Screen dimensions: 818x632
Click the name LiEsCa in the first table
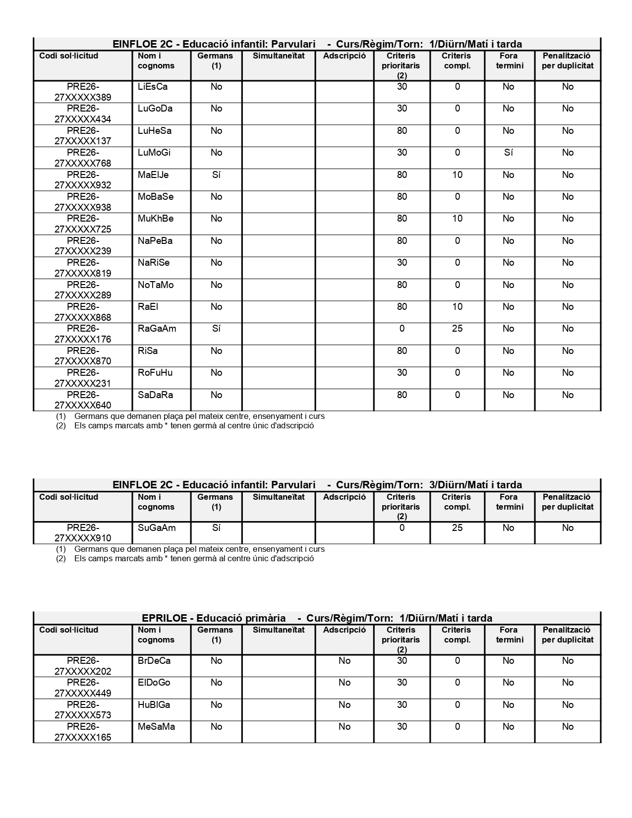153,87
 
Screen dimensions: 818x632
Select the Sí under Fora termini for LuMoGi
508,153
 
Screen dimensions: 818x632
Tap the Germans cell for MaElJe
216,175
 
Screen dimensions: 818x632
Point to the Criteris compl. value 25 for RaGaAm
457,329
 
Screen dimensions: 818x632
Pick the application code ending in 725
83,224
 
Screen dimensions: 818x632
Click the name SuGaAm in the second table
157,528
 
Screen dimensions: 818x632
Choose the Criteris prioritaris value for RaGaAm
402,329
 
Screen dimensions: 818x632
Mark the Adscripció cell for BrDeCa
344,661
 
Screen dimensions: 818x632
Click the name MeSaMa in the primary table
156,727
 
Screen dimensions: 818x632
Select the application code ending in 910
83,533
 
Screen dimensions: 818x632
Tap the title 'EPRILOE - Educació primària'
214,618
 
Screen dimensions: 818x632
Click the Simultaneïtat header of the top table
279,56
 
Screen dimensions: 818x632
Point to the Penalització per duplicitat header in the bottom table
568,635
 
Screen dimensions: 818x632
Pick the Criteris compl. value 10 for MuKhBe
457,219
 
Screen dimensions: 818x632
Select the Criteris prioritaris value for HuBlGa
402,705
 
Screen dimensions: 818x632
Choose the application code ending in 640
83,400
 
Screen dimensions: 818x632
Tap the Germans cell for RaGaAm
216,329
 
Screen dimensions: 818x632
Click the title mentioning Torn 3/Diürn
317,485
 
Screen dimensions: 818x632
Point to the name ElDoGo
154,683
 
